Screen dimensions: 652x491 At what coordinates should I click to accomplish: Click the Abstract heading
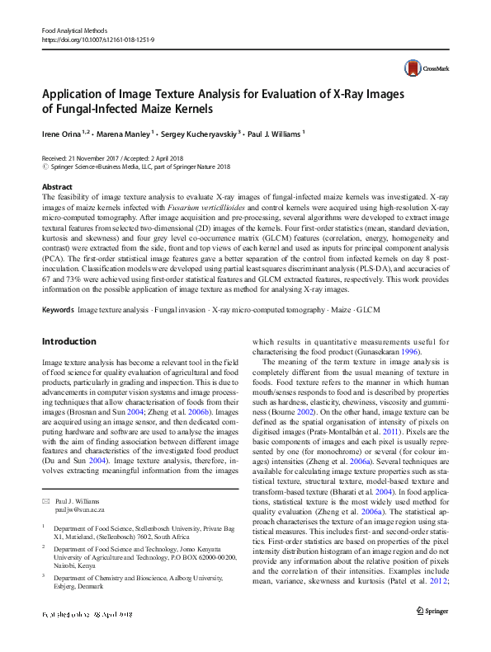(x=57, y=187)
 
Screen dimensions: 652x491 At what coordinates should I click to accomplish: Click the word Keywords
(x=57, y=310)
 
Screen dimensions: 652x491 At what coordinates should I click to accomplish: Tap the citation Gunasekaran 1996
(x=388, y=351)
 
